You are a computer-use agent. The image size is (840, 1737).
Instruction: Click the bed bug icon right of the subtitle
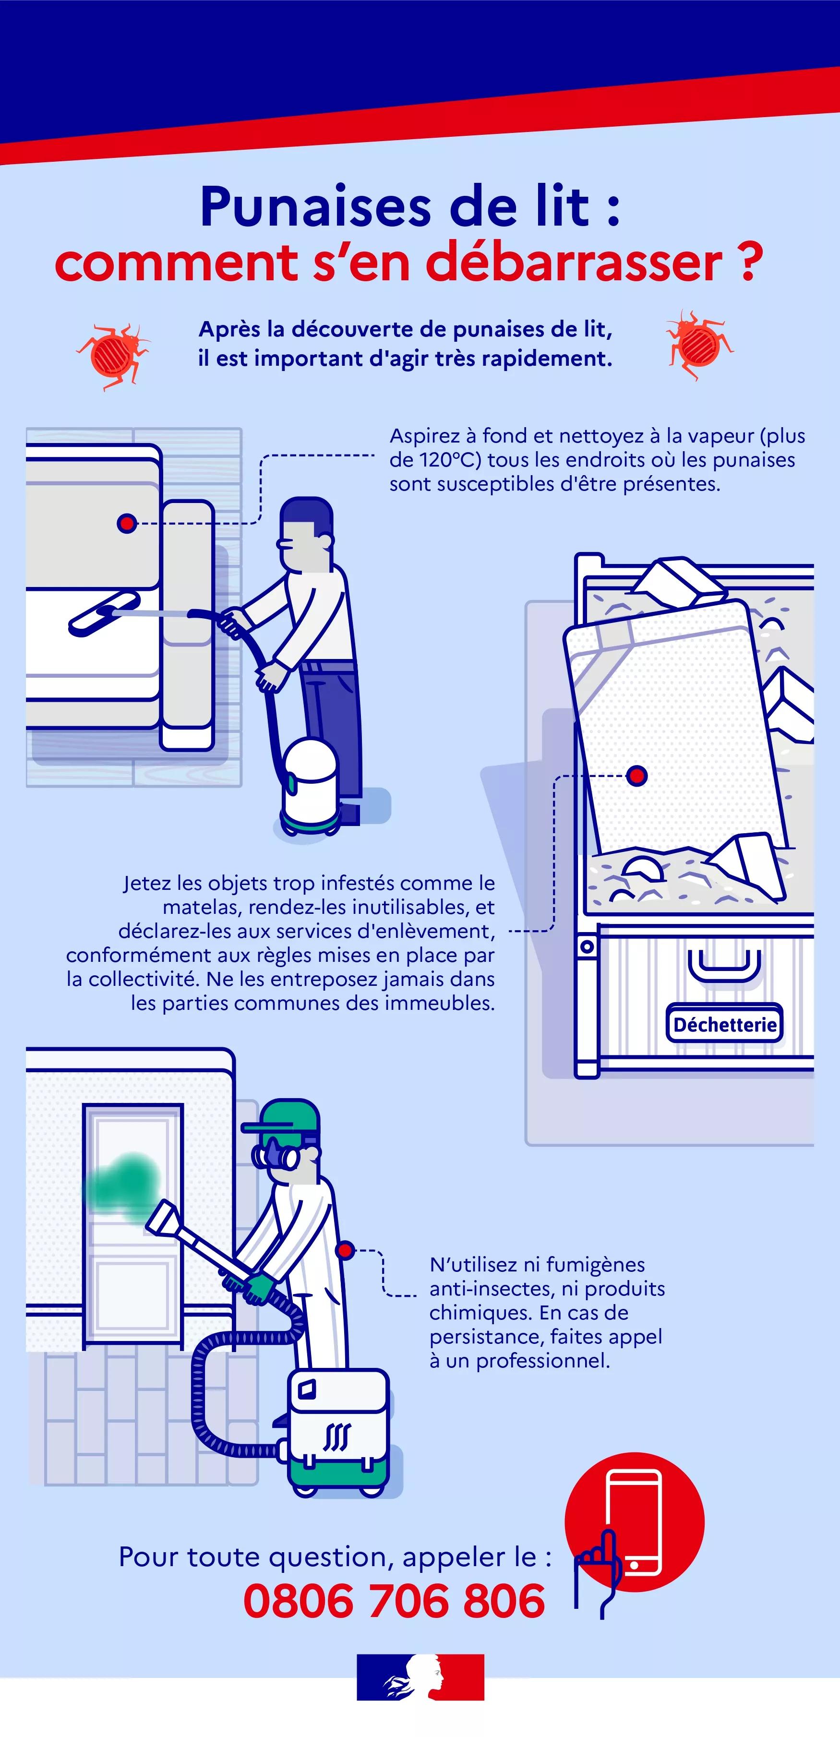[699, 345]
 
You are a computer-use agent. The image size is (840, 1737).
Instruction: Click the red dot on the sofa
[127, 523]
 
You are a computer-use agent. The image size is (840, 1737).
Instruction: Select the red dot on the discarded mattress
[636, 776]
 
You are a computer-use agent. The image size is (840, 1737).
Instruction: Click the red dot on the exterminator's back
[345, 1251]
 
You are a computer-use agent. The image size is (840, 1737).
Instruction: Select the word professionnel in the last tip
[543, 1361]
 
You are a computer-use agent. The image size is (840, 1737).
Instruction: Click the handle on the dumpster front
[725, 966]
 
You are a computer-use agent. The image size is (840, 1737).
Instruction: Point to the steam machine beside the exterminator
[338, 1431]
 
